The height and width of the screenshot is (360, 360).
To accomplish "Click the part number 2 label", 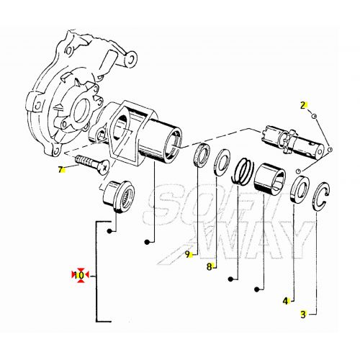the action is (x=303, y=105).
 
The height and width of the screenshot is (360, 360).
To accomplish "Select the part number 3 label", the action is (x=303, y=314).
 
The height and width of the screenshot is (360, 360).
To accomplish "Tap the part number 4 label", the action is (x=285, y=301).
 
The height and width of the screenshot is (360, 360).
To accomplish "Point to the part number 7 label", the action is (x=60, y=170).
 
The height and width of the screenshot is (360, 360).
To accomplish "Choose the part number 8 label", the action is (x=210, y=266).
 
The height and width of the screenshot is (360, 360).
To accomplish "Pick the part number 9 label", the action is (x=187, y=254).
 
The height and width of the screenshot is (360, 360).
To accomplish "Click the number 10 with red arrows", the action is (x=80, y=275).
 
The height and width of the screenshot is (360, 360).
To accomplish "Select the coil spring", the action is (x=242, y=171).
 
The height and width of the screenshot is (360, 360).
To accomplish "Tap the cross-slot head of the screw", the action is (x=104, y=167).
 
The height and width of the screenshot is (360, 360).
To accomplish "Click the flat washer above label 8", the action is (x=222, y=162).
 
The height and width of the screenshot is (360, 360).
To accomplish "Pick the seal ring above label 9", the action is (x=202, y=155).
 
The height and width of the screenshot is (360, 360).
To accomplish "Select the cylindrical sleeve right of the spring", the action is (x=270, y=178).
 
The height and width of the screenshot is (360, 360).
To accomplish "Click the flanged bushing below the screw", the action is (x=118, y=196).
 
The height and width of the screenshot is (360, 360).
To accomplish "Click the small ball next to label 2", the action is (x=314, y=116).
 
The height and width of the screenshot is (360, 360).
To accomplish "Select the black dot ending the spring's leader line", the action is (x=230, y=279).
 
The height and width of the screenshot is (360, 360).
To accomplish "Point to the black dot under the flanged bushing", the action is (x=109, y=231).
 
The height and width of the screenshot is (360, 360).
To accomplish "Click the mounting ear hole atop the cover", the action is (x=131, y=58).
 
